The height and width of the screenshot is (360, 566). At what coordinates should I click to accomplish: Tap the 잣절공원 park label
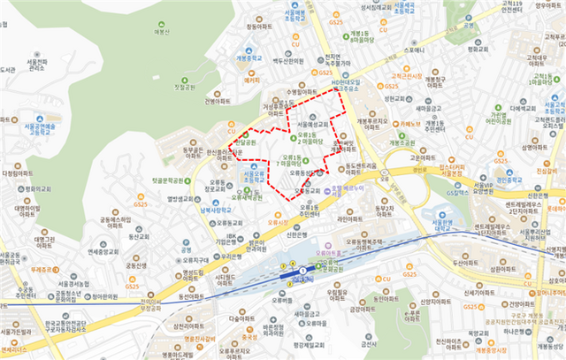(x=183, y=88)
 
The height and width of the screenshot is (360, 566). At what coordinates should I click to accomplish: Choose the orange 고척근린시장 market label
(x=409, y=77)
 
